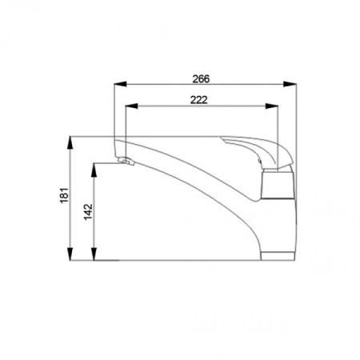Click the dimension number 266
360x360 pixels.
coord(201,79)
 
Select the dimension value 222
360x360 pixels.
coord(198,100)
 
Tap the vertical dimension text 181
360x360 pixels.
coord(64,195)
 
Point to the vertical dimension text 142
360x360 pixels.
coord(88,212)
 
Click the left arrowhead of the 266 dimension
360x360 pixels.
coord(120,84)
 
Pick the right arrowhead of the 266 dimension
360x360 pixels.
coord(290,84)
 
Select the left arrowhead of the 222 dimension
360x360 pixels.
coord(131,106)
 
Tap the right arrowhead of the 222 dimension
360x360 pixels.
coord(272,106)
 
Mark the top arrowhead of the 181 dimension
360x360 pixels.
coord(70,142)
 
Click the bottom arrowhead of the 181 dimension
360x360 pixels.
coord(70,254)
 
